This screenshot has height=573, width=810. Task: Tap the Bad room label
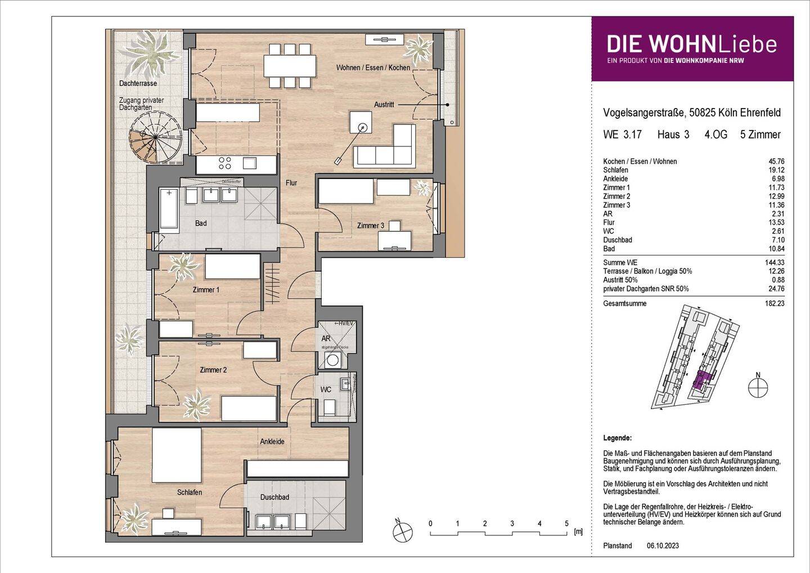click(201, 223)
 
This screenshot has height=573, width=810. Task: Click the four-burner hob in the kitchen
click(225, 163)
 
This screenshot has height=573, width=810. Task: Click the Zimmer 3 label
click(370, 226)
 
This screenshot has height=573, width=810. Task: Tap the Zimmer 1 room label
click(206, 290)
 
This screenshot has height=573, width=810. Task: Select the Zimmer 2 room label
click(213, 370)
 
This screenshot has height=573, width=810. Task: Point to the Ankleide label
click(272, 442)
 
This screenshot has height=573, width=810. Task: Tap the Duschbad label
click(274, 498)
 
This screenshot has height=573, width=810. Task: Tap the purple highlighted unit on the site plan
click(701, 382)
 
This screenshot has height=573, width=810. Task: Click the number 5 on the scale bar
click(566, 523)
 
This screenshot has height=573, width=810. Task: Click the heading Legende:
click(617, 438)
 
